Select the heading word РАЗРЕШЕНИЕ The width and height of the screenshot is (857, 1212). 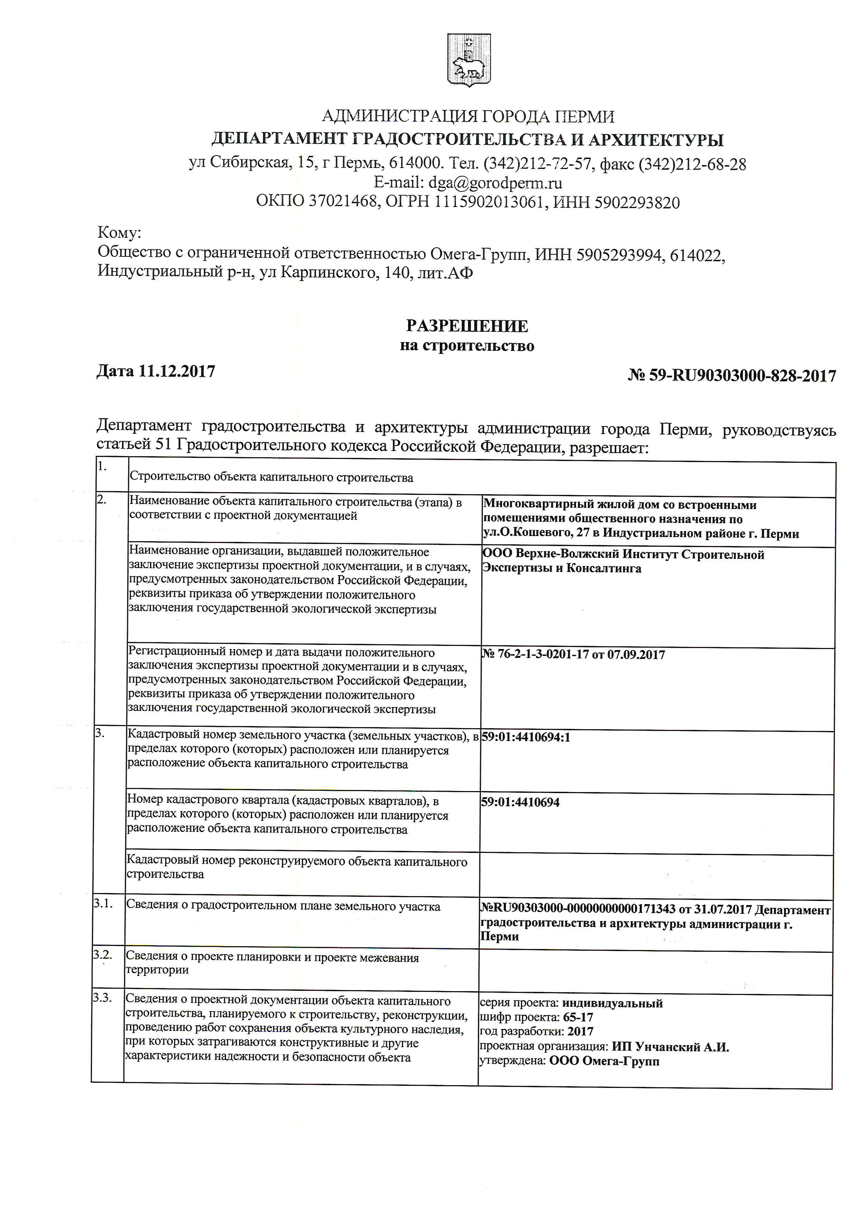467,326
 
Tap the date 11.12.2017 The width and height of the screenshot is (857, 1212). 177,372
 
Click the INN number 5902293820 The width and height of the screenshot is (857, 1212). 637,203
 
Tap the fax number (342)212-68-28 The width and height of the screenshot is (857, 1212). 693,164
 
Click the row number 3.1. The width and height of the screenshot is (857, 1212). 103,903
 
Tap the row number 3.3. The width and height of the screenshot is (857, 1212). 102,998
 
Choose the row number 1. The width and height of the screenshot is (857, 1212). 102,466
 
